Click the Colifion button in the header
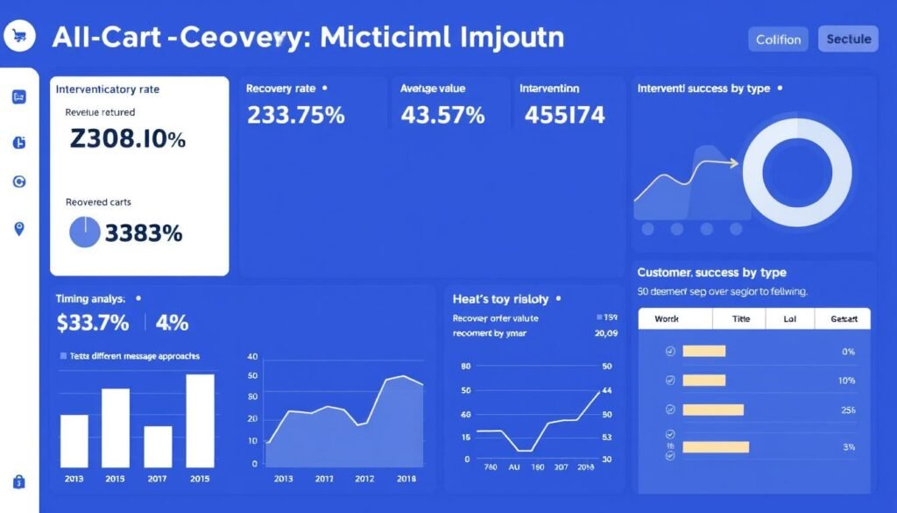point(778,39)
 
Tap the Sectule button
point(848,39)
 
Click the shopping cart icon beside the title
point(18,37)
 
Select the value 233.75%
point(295,115)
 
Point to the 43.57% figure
point(442,115)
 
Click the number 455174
point(564,115)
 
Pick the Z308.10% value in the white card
point(126,139)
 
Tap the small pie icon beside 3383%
point(84,232)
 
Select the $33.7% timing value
point(92,323)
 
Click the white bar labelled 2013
point(74,440)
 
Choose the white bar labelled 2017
point(158,445)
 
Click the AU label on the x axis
point(513,468)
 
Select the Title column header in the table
point(741,320)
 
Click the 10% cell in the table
point(846,381)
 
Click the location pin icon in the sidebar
point(19,229)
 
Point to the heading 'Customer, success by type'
point(711,273)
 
